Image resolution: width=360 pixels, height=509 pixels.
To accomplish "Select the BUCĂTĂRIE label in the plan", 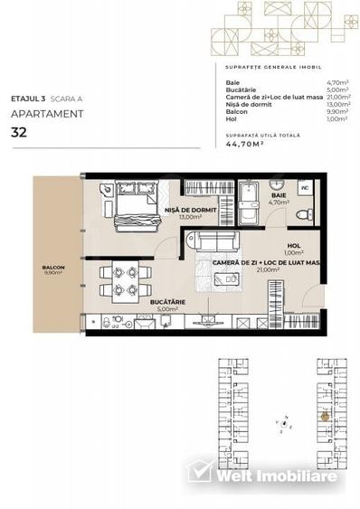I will click(x=133, y=304).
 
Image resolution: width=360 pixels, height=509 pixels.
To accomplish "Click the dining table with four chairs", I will click(x=122, y=279).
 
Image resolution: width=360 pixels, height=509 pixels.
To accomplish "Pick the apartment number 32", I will click(x=19, y=132).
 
